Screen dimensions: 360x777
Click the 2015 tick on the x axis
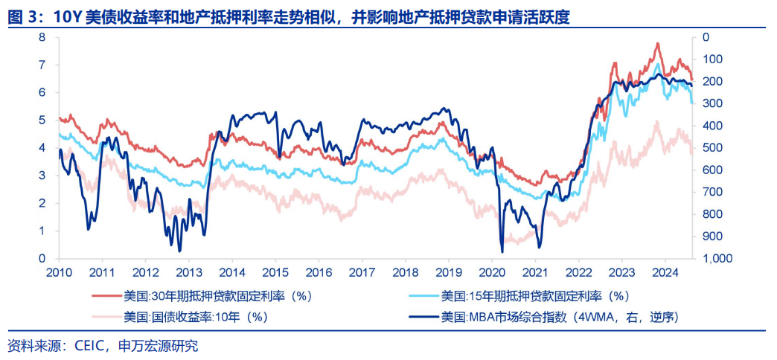coord(275,272)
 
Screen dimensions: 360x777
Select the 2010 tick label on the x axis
coord(60,272)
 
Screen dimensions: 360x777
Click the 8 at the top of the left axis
coord(42,37)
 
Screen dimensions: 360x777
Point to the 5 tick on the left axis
coord(42,120)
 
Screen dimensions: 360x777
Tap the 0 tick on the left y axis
coord(42,259)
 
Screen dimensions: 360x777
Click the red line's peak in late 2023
coord(657,44)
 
